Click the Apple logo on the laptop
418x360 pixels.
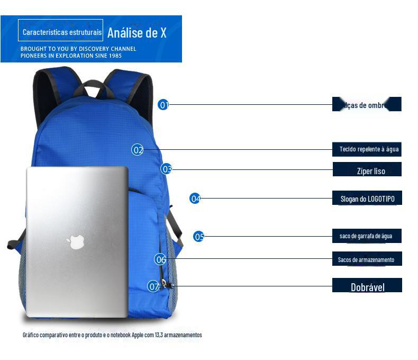tap(76, 242)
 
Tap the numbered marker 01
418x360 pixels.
tap(163, 105)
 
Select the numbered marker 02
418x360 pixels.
tap(138, 150)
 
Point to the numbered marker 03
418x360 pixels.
tap(167, 169)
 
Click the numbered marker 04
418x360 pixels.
tap(195, 199)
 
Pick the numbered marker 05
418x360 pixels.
tap(199, 237)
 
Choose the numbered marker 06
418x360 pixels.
tap(160, 259)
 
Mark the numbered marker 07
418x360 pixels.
tap(153, 286)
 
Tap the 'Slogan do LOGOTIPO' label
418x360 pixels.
tap(367, 199)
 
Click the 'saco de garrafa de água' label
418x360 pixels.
tap(366, 236)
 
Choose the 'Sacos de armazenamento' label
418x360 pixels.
tap(366, 259)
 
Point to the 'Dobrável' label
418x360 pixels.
tap(367, 287)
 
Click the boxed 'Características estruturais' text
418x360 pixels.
tap(61, 32)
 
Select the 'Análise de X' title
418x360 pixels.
tap(137, 33)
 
